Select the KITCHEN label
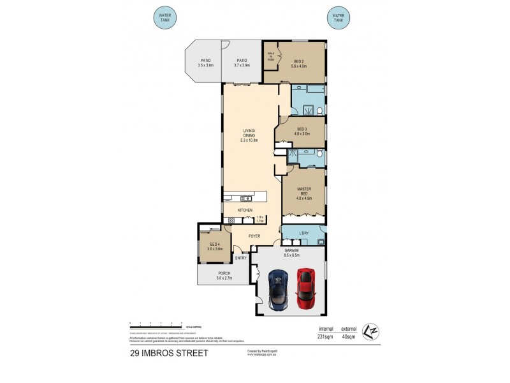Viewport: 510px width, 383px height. click(245, 210)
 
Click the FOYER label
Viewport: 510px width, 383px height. click(254, 236)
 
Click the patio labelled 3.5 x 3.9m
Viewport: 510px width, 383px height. click(205, 63)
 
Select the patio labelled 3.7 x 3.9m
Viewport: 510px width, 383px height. click(242, 63)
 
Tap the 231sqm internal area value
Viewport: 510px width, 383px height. click(326, 336)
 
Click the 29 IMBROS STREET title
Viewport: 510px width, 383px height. click(169, 352)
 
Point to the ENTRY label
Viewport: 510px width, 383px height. click(241, 258)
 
